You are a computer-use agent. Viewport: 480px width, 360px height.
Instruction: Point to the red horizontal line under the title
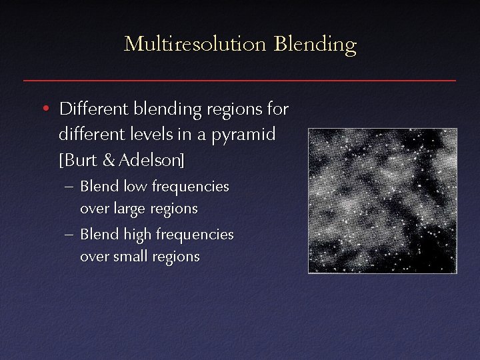[x=239, y=80]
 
